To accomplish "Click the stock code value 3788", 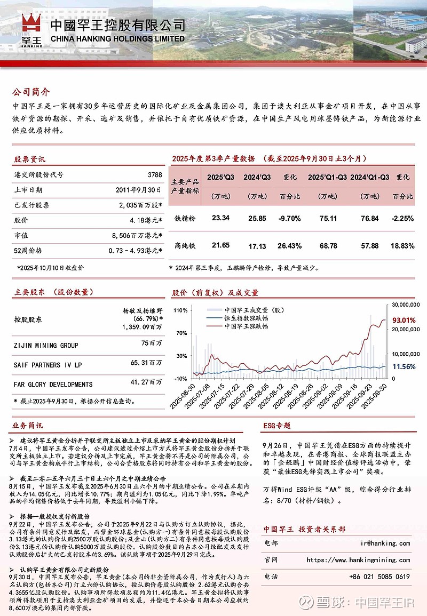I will tap(154, 174).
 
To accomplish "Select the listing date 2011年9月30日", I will tap(138, 189).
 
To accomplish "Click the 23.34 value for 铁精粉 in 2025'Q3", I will tap(220, 218).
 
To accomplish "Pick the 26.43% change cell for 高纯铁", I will tap(290, 246).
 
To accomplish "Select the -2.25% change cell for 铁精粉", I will tap(403, 218).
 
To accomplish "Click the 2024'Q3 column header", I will tap(257, 177).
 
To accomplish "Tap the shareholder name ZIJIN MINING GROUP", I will tap(46, 346).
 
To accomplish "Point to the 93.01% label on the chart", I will tap(404, 321).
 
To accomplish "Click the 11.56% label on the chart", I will tap(404, 367).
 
